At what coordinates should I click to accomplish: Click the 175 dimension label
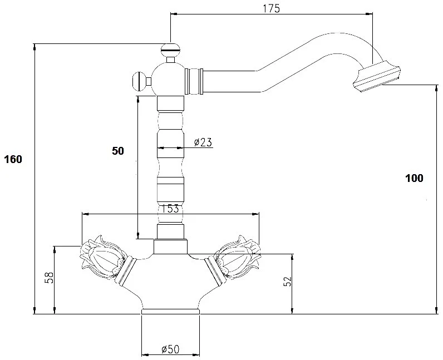(x=271, y=8)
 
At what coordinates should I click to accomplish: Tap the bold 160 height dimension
(x=13, y=159)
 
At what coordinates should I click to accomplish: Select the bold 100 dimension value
(x=414, y=178)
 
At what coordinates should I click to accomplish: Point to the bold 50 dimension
(x=118, y=151)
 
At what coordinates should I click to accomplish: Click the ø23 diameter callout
(x=203, y=142)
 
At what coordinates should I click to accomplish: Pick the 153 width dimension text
(x=170, y=209)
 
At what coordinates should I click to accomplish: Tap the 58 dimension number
(x=49, y=278)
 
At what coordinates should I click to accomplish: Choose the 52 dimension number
(x=287, y=281)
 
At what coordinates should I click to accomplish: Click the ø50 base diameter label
(x=170, y=349)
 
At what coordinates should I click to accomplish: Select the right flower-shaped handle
(x=237, y=257)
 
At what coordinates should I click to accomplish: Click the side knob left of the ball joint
(x=139, y=82)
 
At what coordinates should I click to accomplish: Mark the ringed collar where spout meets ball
(x=194, y=81)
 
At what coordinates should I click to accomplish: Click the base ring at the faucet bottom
(x=170, y=312)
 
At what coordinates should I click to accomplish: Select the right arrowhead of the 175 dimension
(x=369, y=14)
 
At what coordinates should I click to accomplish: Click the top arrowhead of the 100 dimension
(x=437, y=88)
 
